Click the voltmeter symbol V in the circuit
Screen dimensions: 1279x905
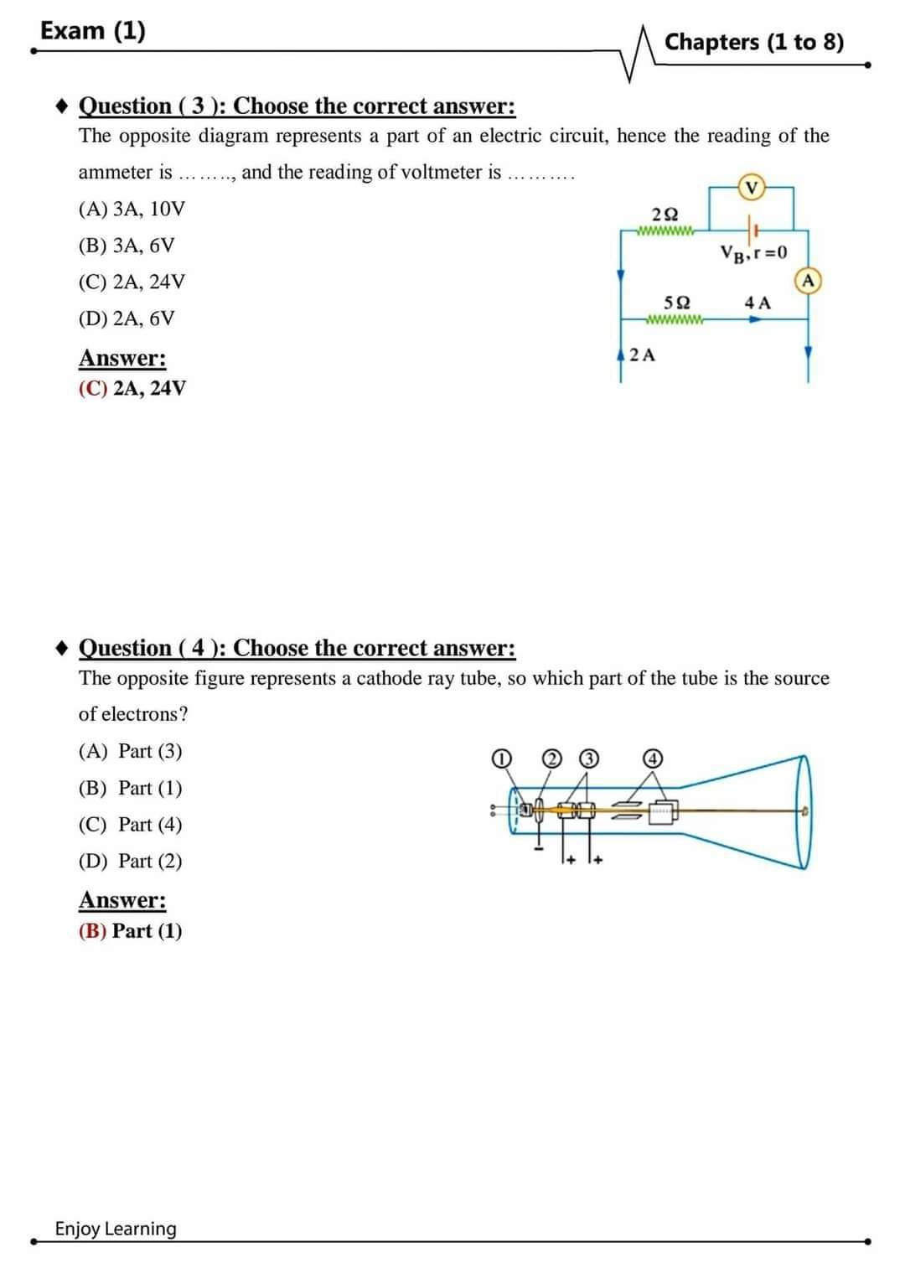pyautogui.click(x=752, y=187)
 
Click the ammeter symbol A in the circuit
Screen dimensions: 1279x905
pyautogui.click(x=809, y=281)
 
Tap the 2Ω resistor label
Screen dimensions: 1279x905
pyautogui.click(x=665, y=215)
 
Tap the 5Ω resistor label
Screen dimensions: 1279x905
pyautogui.click(x=676, y=303)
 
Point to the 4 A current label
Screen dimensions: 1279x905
pyautogui.click(x=757, y=303)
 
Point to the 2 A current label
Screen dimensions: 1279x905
pyautogui.click(x=643, y=355)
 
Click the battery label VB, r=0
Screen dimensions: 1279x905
pyautogui.click(x=753, y=252)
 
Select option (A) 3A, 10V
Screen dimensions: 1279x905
pyautogui.click(x=132, y=209)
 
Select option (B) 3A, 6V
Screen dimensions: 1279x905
pyautogui.click(x=127, y=246)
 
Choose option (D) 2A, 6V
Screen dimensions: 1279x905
pyautogui.click(x=127, y=318)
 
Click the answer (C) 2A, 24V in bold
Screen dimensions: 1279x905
pyautogui.click(x=132, y=388)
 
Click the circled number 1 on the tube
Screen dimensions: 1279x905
pyautogui.click(x=500, y=759)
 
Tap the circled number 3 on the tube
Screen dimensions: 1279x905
pyautogui.click(x=590, y=759)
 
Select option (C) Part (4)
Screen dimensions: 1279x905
pyautogui.click(x=130, y=825)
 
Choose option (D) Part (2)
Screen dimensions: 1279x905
pyautogui.click(x=130, y=861)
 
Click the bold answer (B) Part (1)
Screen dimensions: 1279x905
pyautogui.click(x=130, y=930)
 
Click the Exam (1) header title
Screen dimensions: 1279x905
pyautogui.click(x=93, y=31)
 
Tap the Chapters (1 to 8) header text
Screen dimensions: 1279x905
pyautogui.click(x=754, y=42)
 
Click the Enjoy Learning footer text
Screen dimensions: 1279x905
pyautogui.click(x=116, y=1229)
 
